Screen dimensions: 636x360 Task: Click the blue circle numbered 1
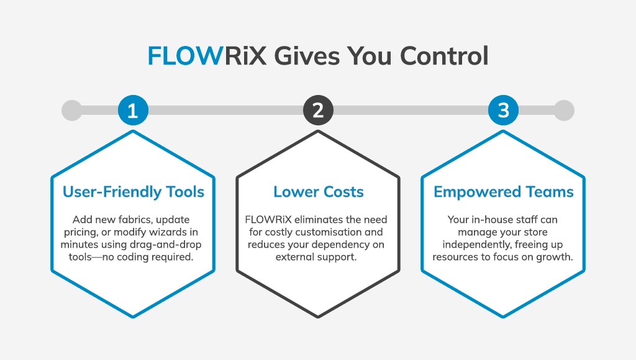pyautogui.click(x=133, y=110)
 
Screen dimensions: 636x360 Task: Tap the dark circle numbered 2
pyautogui.click(x=319, y=110)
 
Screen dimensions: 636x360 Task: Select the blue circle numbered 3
pyautogui.click(x=503, y=110)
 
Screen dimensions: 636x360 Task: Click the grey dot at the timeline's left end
pyautogui.click(x=72, y=110)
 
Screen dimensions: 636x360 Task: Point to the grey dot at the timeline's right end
pyautogui.click(x=564, y=110)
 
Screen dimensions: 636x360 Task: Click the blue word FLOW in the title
pyautogui.click(x=185, y=55)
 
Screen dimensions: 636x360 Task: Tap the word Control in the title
pyautogui.click(x=444, y=55)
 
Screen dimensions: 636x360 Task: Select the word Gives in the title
pyautogui.click(x=307, y=55)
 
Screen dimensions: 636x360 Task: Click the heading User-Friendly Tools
pyautogui.click(x=134, y=192)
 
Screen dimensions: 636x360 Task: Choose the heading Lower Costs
pyautogui.click(x=319, y=192)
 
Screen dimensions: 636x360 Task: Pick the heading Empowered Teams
pyautogui.click(x=503, y=192)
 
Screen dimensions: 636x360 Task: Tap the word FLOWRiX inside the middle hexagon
pyautogui.click(x=268, y=220)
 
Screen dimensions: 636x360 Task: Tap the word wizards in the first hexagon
pyautogui.click(x=169, y=232)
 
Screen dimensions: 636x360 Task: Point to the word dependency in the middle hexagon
pyautogui.click(x=338, y=245)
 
